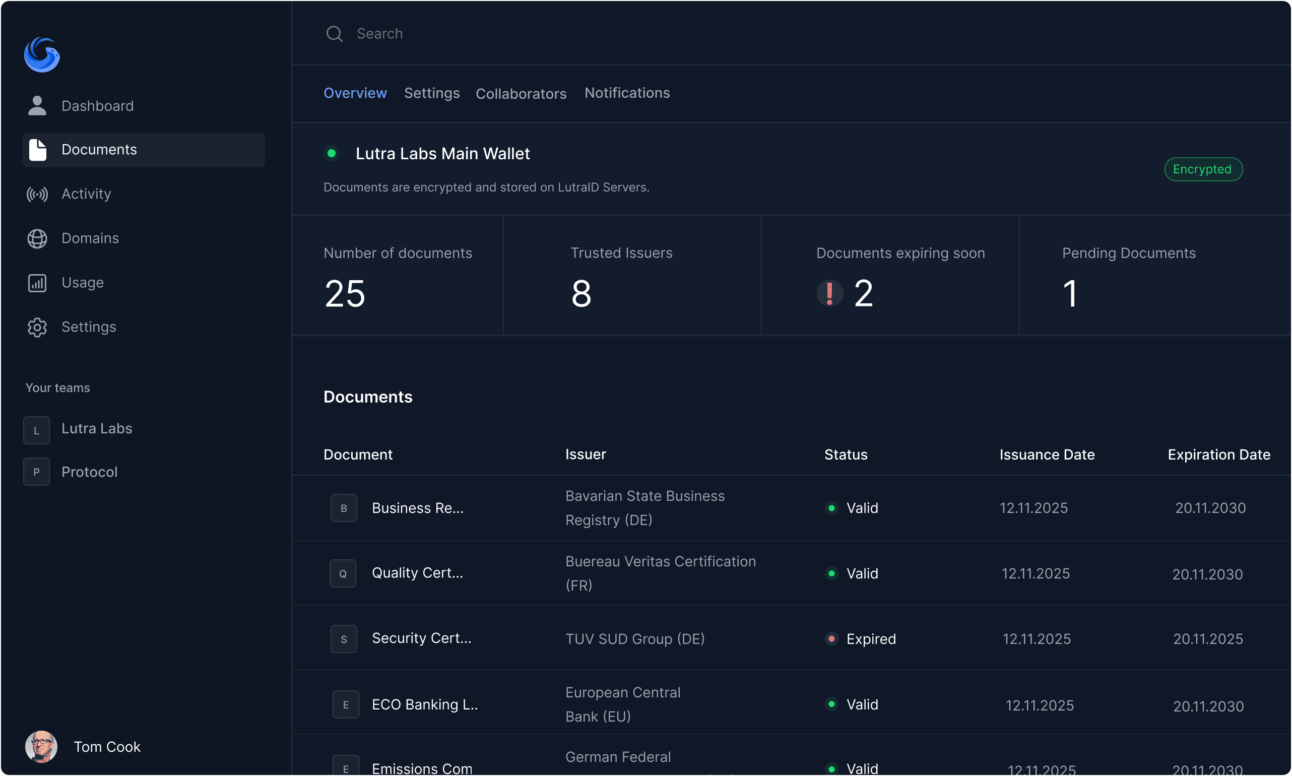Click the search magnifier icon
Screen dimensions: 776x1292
334,34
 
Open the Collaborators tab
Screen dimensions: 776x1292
521,94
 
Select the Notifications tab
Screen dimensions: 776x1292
627,93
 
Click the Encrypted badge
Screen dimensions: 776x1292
1203,169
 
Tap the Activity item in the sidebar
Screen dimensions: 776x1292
86,194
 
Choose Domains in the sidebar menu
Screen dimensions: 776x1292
90,238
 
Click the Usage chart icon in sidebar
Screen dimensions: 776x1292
37,283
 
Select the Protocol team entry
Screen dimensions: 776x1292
89,472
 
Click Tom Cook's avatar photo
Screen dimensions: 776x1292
41,746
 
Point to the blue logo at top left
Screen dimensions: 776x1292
42,54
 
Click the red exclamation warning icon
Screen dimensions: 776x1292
829,293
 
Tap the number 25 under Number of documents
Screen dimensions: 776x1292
345,293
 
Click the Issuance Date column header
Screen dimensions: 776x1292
1047,455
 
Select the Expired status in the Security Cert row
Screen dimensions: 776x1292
871,639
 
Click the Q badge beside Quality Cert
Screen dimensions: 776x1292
343,573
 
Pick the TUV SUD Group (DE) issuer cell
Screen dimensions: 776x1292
635,639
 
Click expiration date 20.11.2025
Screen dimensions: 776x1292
1207,639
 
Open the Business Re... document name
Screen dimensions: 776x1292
417,508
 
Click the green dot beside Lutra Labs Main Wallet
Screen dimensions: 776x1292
332,154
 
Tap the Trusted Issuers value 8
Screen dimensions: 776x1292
581,293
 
